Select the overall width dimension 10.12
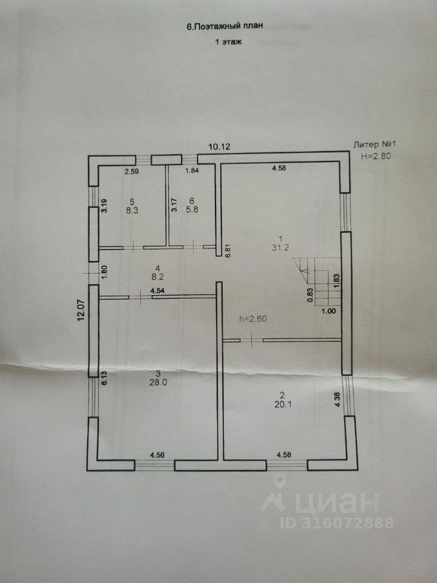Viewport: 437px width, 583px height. pos(220,147)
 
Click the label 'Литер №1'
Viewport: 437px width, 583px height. pos(375,145)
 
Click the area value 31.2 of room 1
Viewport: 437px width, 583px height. pos(280,247)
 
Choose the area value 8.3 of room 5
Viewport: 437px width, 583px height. pos(132,212)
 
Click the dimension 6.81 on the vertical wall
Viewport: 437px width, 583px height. pos(228,251)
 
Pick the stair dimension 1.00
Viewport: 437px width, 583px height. pos(328,311)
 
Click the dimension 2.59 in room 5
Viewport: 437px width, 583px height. pos(132,172)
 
